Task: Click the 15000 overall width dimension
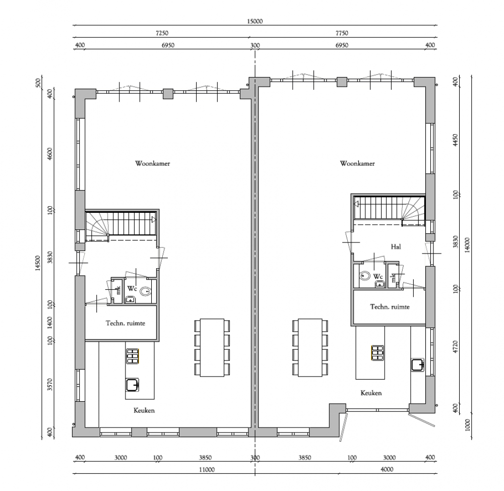(255, 21)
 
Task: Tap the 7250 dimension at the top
(162, 33)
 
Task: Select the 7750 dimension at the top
(342, 33)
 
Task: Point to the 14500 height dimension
(38, 264)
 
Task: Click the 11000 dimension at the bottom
(207, 470)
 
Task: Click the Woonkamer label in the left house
(152, 163)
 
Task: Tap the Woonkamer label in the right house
(357, 163)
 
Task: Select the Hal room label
(396, 247)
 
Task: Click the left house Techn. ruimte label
(125, 323)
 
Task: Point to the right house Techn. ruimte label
(390, 306)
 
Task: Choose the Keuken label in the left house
(144, 410)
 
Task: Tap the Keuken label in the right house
(371, 393)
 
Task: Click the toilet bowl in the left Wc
(145, 291)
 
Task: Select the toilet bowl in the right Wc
(364, 276)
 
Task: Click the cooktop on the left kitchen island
(133, 356)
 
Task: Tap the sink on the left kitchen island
(133, 385)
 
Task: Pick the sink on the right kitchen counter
(417, 365)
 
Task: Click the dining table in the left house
(212, 347)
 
